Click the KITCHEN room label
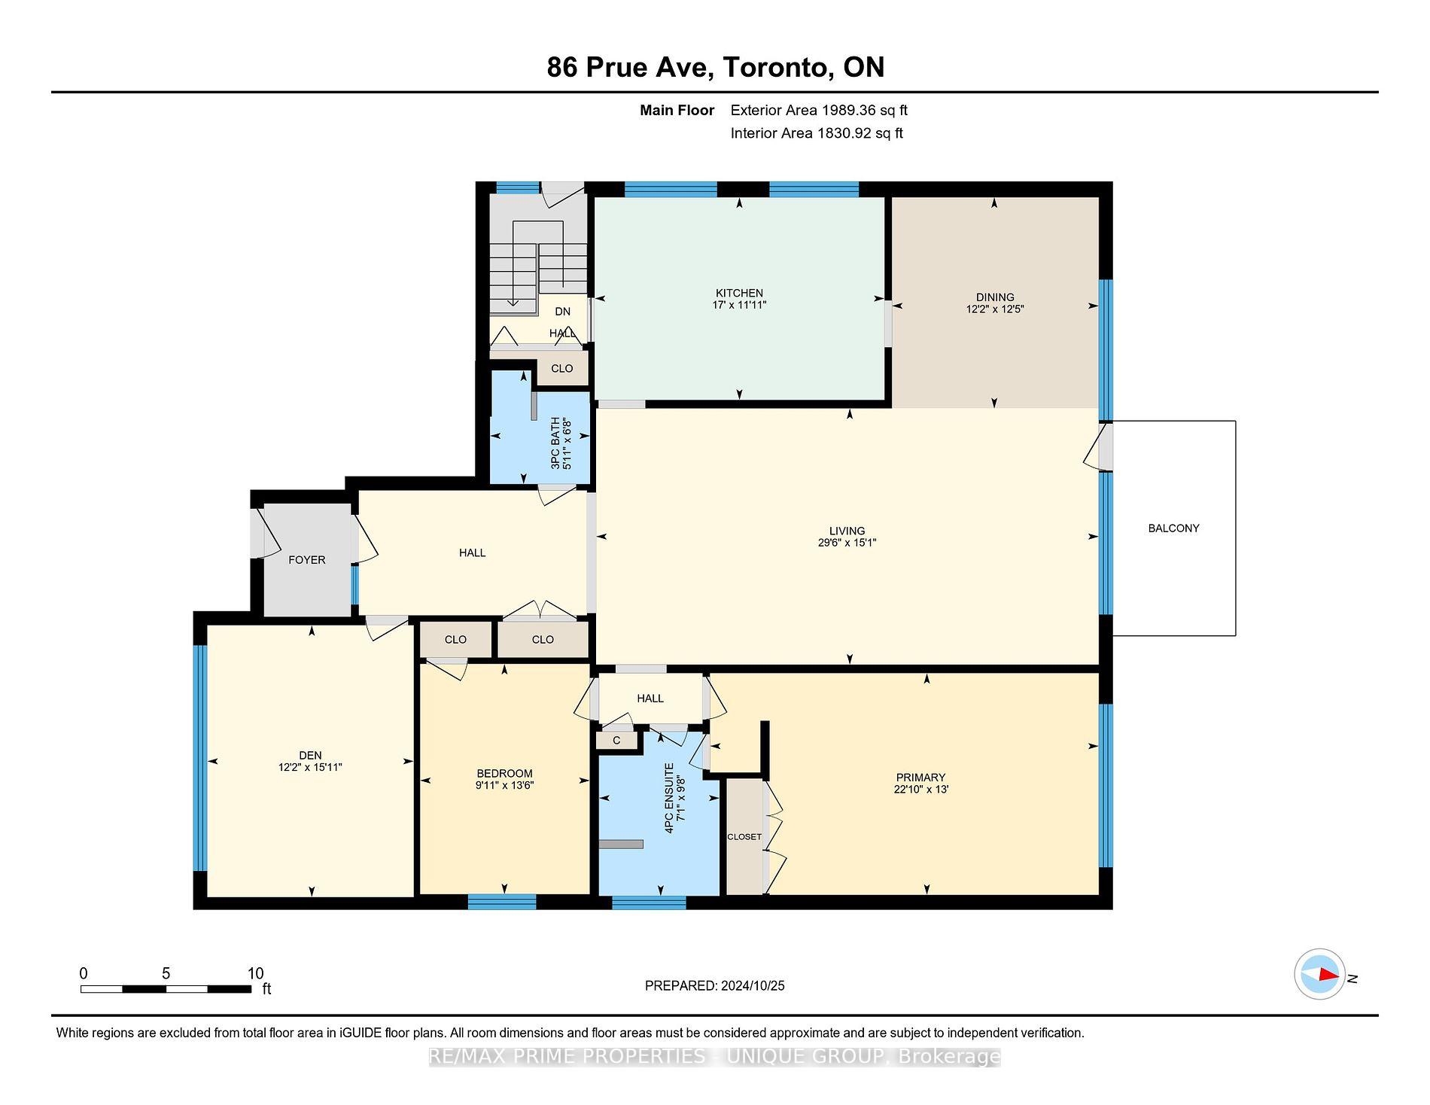[x=738, y=293]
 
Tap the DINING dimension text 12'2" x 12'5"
[x=994, y=309]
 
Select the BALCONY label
[x=1173, y=528]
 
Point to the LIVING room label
[x=847, y=531]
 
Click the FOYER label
[x=306, y=560]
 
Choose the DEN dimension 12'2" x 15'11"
[x=310, y=768]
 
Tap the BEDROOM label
[x=504, y=774]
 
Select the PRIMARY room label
[x=920, y=778]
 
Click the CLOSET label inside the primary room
[x=744, y=837]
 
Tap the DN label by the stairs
[x=562, y=312]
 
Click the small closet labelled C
[x=616, y=741]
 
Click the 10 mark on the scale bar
[x=255, y=973]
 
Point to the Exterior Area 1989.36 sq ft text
[x=818, y=111]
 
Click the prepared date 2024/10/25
[x=752, y=986]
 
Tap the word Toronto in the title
[x=777, y=68]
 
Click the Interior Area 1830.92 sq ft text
[x=816, y=134]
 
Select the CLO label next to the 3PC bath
[x=561, y=369]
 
